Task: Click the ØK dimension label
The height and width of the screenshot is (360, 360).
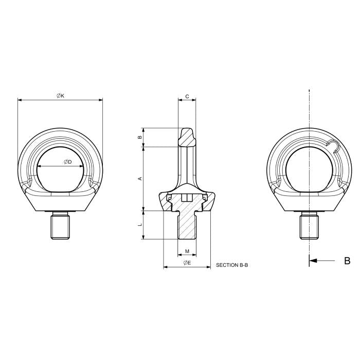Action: [x=60, y=96]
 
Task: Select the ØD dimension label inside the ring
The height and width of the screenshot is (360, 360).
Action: [x=67, y=162]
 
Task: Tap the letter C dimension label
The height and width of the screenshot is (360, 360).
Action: [x=187, y=96]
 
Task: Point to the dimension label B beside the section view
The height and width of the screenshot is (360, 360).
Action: [x=140, y=137]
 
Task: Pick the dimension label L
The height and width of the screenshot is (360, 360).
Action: [x=140, y=225]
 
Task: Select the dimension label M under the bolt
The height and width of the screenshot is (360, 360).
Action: [x=187, y=251]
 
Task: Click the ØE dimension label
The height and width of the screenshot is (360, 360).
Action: [x=187, y=263]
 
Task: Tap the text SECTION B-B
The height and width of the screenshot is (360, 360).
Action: [x=232, y=265]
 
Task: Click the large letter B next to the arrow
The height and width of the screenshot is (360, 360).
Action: [x=347, y=261]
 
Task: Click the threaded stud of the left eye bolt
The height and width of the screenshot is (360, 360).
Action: [x=60, y=227]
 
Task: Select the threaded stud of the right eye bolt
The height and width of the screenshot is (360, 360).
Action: [x=309, y=227]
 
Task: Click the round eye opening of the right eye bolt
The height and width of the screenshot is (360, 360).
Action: [x=309, y=168]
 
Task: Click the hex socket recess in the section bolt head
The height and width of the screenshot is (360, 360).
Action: [x=187, y=197]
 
